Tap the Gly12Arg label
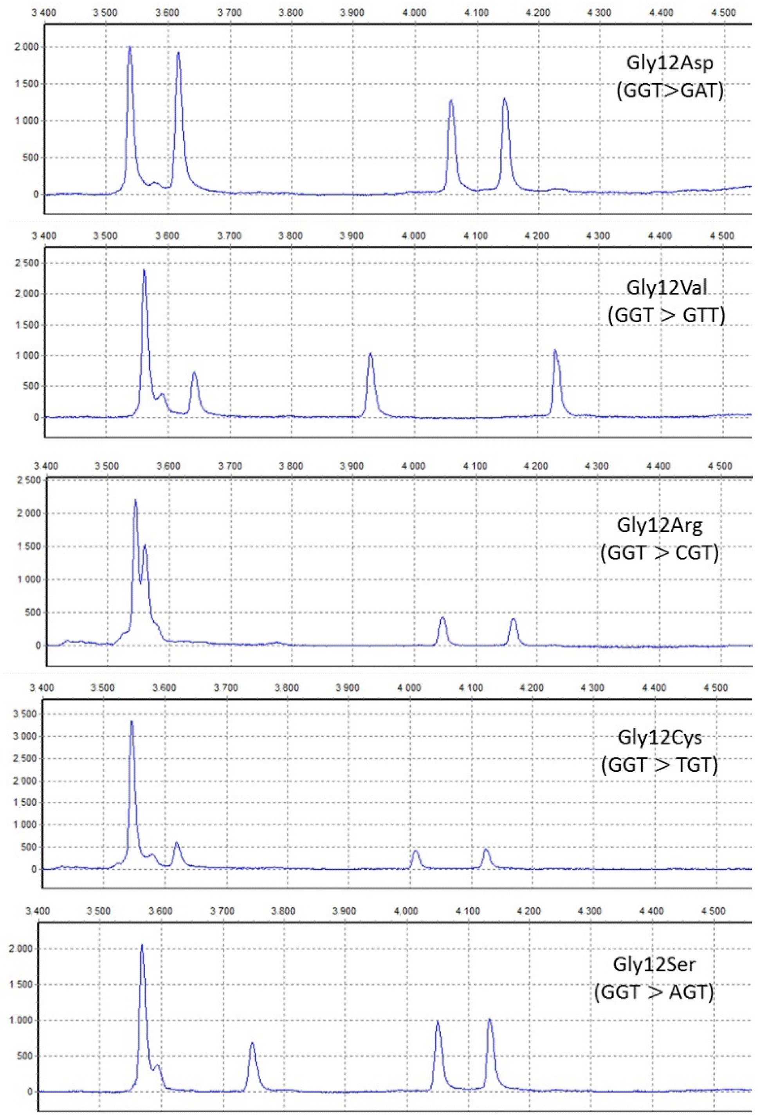point(659,525)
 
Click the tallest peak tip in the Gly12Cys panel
point(132,722)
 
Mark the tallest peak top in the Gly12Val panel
point(144,270)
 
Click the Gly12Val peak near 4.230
point(555,351)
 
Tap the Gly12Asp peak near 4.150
point(505,100)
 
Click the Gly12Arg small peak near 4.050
point(442,618)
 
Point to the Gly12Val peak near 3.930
point(370,354)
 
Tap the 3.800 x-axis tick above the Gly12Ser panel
point(283,911)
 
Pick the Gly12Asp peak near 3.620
point(178,53)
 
